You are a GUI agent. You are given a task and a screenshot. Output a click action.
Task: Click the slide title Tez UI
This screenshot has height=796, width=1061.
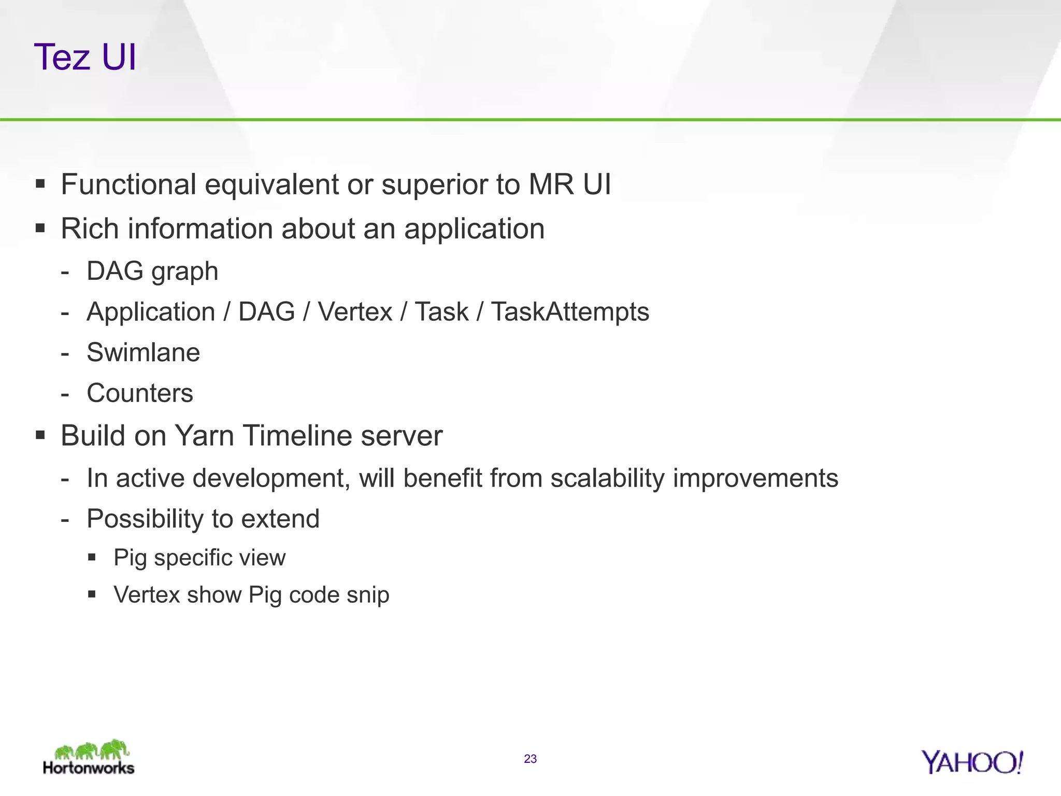pyautogui.click(x=85, y=57)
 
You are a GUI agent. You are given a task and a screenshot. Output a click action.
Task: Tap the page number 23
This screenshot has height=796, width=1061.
pyautogui.click(x=530, y=759)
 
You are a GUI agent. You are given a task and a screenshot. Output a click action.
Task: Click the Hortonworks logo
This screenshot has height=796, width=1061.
pyautogui.click(x=89, y=758)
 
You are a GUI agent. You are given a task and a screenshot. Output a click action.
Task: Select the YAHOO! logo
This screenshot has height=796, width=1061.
pyautogui.click(x=972, y=762)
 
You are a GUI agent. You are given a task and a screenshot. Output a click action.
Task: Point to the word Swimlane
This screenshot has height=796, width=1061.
pyautogui.click(x=143, y=352)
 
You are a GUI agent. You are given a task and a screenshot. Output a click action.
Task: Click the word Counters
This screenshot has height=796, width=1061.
pyautogui.click(x=140, y=393)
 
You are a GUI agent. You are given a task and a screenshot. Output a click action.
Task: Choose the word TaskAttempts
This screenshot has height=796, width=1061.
pyautogui.click(x=570, y=312)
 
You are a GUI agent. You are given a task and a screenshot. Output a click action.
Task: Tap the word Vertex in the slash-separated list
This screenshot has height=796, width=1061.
pyautogui.click(x=355, y=312)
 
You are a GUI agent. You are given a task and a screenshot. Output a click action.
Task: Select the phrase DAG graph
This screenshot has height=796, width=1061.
pyautogui.click(x=152, y=272)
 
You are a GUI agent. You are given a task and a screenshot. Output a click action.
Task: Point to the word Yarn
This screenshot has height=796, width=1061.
pyautogui.click(x=204, y=435)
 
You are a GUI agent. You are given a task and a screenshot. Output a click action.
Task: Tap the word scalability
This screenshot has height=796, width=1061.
pyautogui.click(x=607, y=478)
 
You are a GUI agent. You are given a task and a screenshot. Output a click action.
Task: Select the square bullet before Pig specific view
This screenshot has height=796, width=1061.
pyautogui.click(x=92, y=558)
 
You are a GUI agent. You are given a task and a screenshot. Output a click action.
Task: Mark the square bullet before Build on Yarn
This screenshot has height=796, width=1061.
pyautogui.click(x=40, y=435)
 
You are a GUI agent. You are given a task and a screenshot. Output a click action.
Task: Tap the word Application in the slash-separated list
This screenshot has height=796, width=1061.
pyautogui.click(x=151, y=312)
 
